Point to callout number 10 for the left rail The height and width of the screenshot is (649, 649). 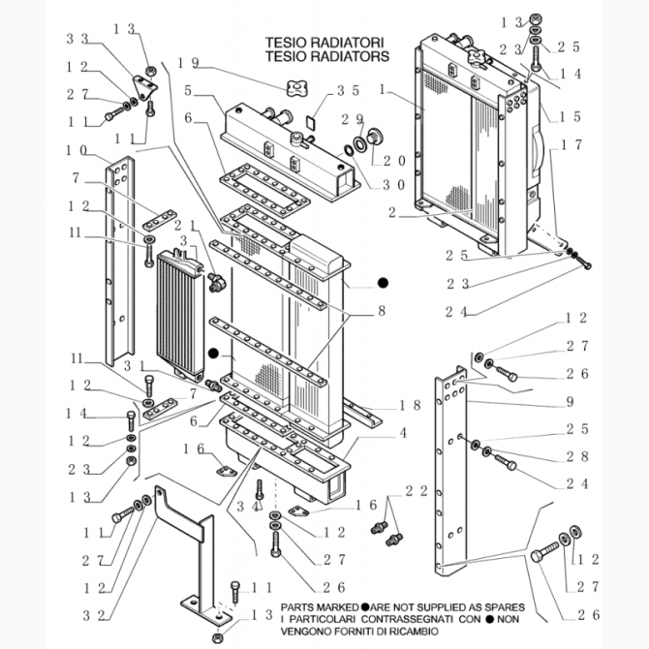tap(77, 150)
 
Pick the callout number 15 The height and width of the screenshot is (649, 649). tap(571, 116)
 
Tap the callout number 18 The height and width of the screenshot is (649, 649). tap(409, 404)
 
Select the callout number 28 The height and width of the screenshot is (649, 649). tap(577, 456)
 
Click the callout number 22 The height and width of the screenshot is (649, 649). tap(417, 492)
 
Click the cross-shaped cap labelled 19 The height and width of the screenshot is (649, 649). tap(294, 90)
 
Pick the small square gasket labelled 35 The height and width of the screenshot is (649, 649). tap(310, 123)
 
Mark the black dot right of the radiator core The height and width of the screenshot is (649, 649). tap(383, 283)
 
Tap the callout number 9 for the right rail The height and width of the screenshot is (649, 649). tap(571, 401)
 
